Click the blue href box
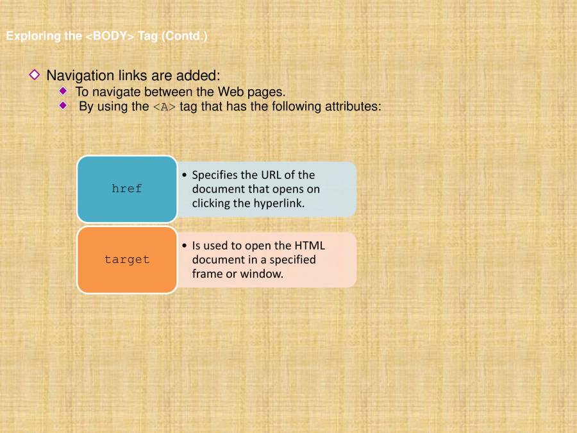126,189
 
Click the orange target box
126,260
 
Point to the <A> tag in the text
164,107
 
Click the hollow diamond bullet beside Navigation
35,75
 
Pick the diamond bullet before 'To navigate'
63,91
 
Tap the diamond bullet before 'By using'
63,106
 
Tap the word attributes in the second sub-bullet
353,106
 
